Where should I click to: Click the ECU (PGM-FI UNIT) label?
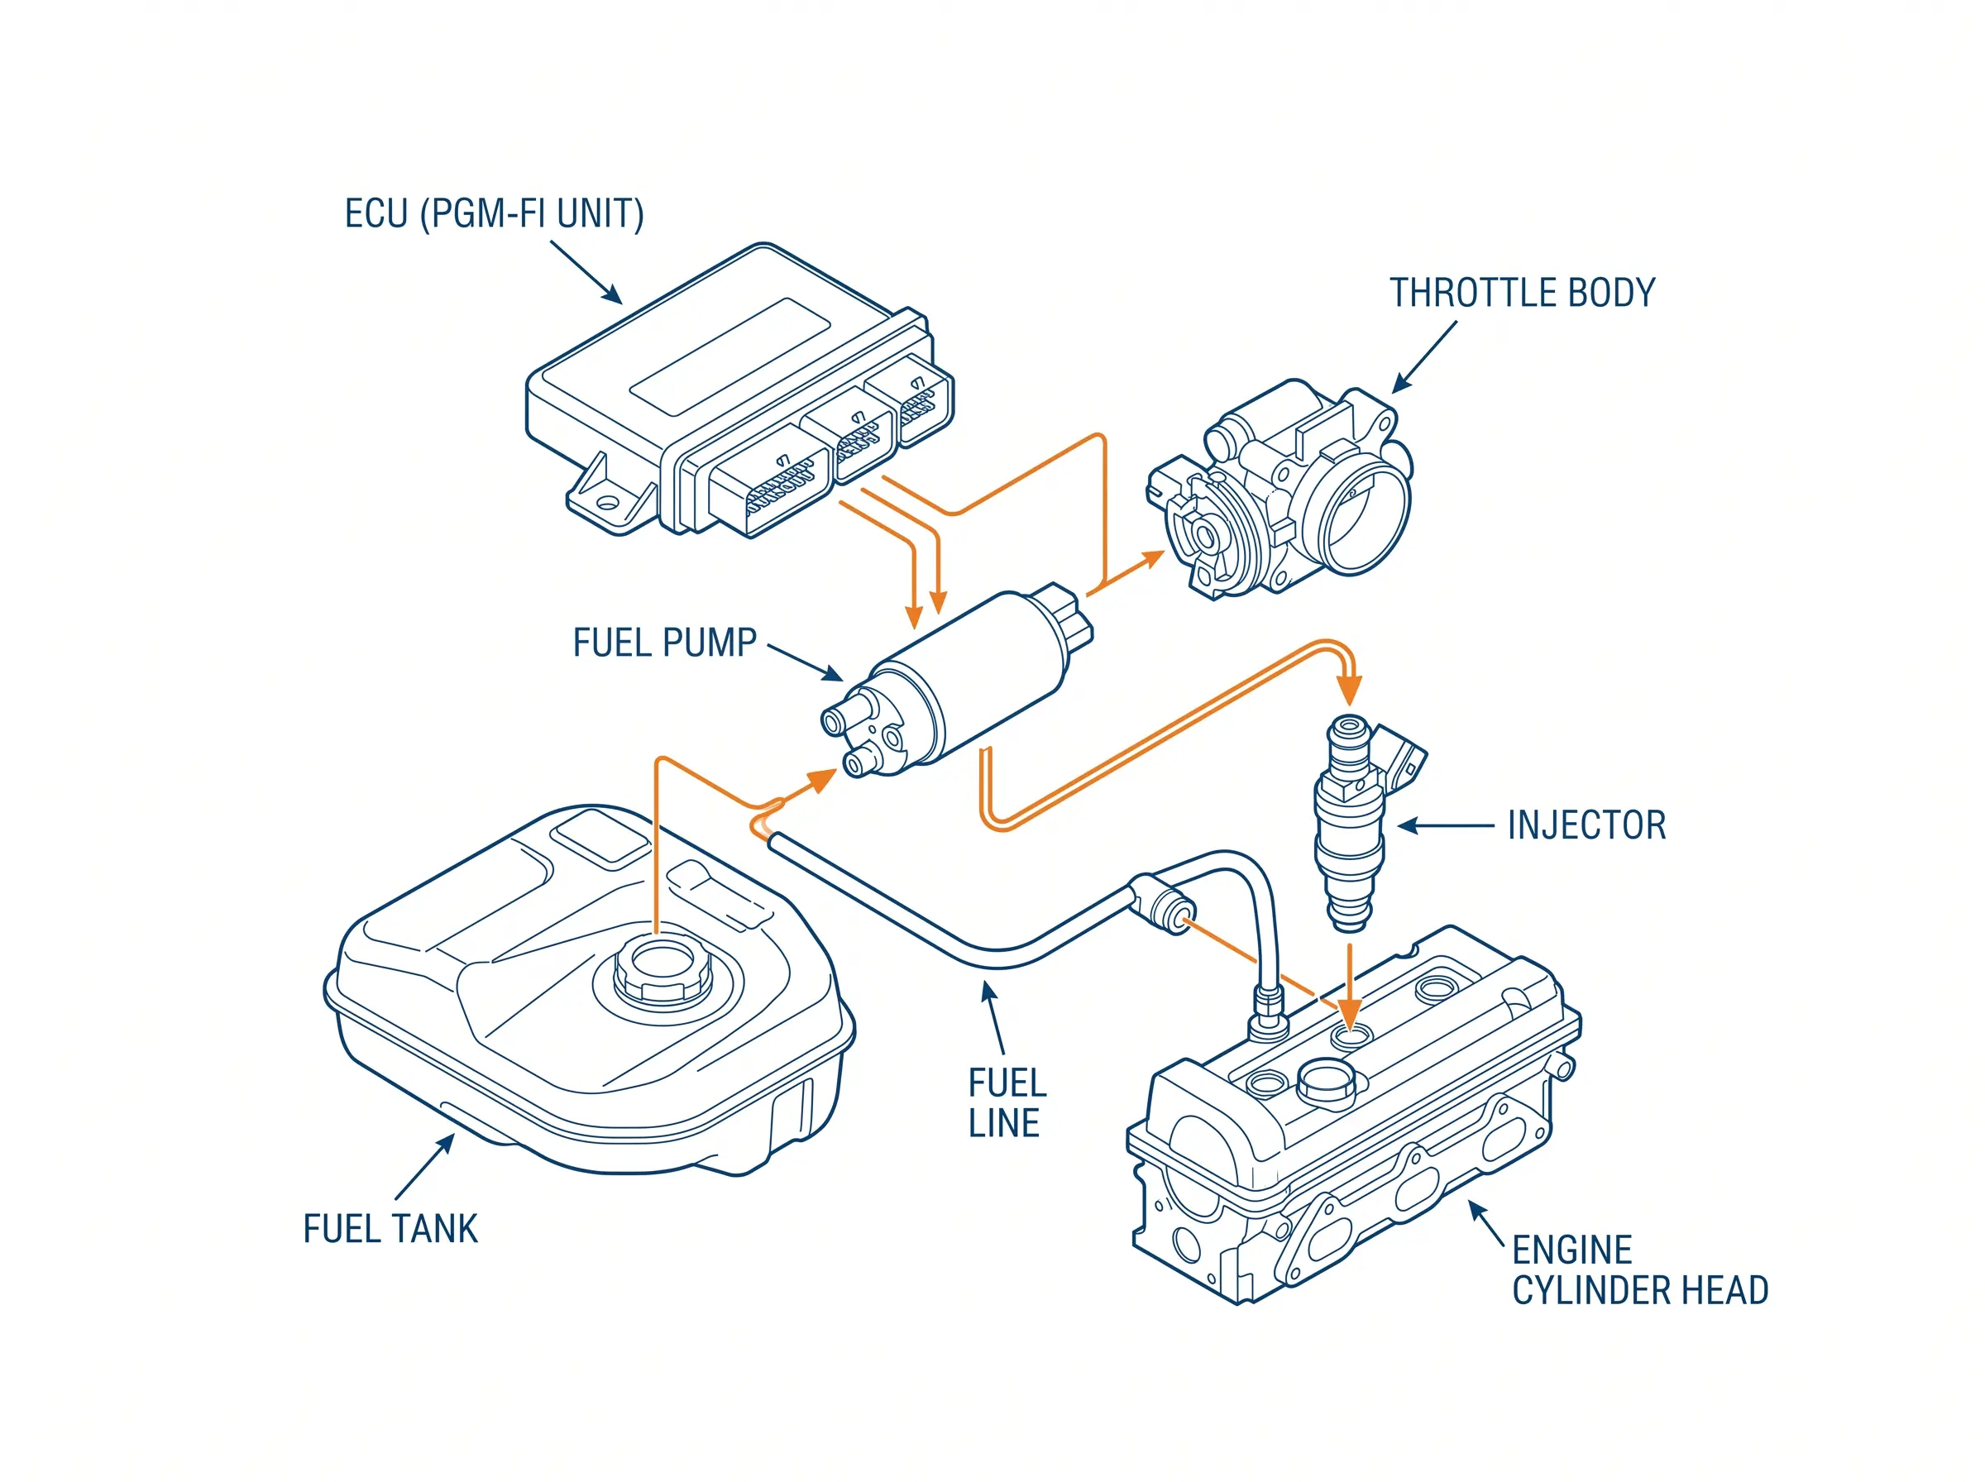point(495,214)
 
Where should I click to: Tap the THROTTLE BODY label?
point(1521,294)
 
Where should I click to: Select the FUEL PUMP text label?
point(665,643)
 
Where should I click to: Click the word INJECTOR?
point(1586,825)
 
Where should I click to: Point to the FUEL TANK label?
point(390,1229)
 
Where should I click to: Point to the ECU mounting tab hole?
point(609,501)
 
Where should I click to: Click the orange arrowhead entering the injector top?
point(1348,691)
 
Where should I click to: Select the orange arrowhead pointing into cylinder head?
point(1349,1012)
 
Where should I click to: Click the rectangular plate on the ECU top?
point(729,357)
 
